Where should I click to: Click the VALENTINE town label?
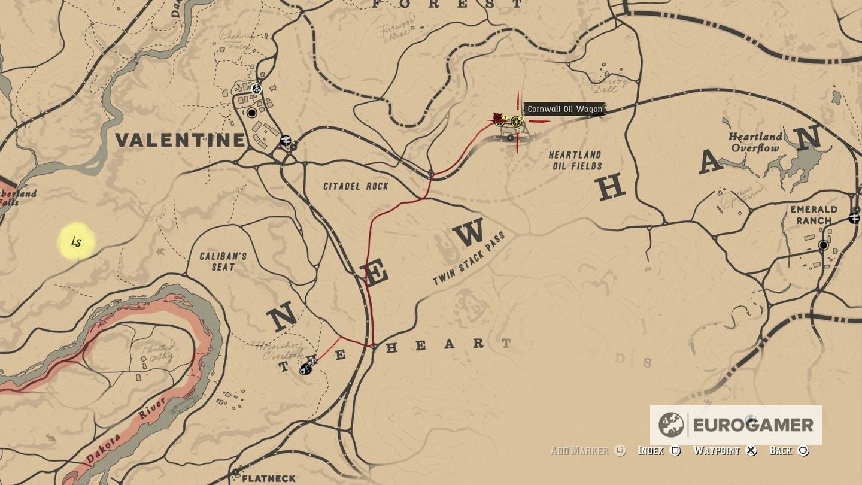click(180, 140)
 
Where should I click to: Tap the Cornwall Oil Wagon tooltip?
click(564, 109)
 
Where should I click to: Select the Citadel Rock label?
click(356, 186)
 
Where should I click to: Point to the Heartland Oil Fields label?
click(575, 160)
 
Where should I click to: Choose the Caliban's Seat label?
click(223, 261)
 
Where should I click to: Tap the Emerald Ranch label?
click(814, 214)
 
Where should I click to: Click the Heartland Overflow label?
click(755, 143)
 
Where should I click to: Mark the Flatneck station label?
click(268, 478)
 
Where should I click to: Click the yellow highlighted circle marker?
click(77, 242)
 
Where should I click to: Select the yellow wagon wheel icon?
click(516, 121)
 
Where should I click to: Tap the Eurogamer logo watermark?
click(736, 425)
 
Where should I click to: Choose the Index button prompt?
click(659, 450)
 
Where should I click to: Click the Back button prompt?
click(788, 450)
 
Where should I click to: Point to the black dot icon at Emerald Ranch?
click(824, 245)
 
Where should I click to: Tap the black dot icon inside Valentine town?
click(252, 113)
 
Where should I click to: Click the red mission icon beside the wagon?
click(498, 119)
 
